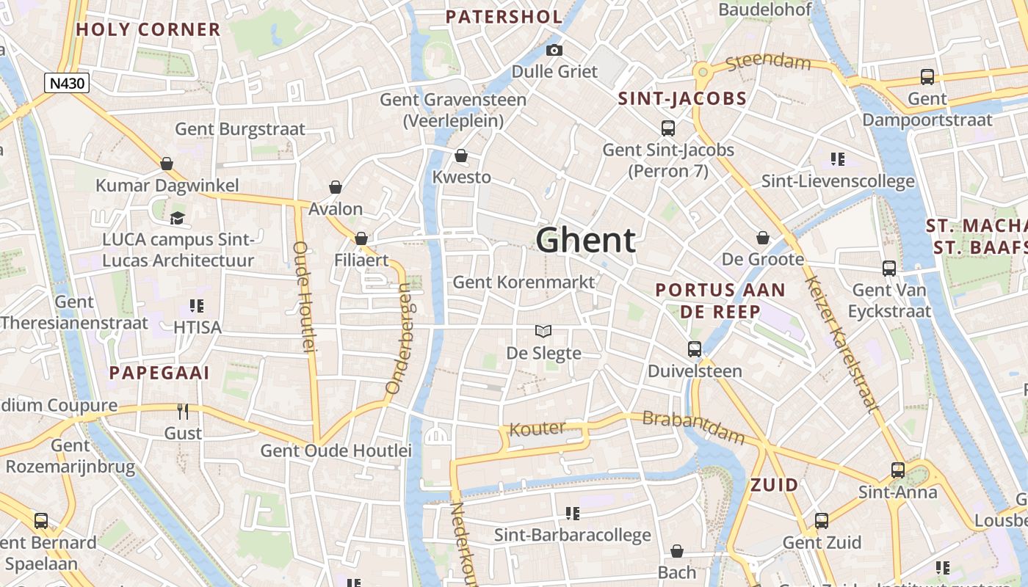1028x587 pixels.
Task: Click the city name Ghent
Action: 585,241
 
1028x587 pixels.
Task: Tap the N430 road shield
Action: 66,84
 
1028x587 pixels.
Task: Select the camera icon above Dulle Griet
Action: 554,50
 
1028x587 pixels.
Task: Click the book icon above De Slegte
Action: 543,332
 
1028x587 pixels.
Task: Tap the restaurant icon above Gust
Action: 183,411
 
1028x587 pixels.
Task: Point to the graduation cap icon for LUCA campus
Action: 177,218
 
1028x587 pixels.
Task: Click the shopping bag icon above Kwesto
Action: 461,156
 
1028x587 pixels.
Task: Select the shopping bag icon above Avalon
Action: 336,188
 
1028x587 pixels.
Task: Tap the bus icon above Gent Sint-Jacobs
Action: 668,128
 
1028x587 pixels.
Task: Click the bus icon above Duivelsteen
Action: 695,349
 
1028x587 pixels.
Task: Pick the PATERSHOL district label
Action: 504,17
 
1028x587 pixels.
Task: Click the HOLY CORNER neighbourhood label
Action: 148,29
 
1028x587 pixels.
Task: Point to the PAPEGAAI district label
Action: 159,373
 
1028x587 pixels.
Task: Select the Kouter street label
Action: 537,429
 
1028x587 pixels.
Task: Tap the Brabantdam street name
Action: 693,428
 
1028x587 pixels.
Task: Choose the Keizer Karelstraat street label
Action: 840,343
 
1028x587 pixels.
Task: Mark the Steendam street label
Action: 768,62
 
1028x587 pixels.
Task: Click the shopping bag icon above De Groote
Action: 763,238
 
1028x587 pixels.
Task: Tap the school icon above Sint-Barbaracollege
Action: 572,514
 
